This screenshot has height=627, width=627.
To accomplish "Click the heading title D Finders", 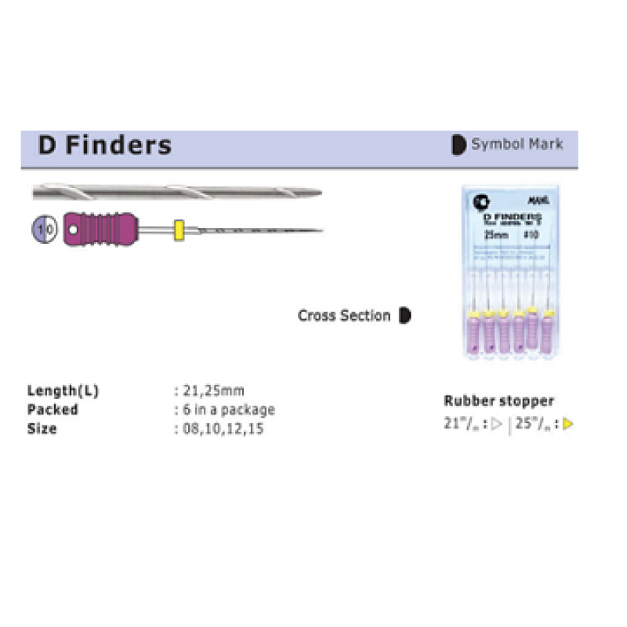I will click(104, 145).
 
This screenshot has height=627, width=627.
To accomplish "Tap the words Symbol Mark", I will click(517, 144).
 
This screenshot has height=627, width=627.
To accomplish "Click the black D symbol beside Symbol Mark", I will click(458, 144).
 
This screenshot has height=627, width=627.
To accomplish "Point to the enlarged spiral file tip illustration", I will click(176, 192).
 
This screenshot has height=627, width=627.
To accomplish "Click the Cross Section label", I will click(344, 316).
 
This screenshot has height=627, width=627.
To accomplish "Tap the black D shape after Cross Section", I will click(404, 316).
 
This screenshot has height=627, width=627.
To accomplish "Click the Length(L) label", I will click(63, 390).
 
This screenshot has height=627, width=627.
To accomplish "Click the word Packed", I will click(53, 409).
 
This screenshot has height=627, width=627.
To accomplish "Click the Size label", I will click(42, 429).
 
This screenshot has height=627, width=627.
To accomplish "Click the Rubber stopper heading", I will click(498, 400).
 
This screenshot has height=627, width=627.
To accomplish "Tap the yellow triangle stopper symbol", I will click(568, 425).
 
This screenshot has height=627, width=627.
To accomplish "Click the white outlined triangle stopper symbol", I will click(497, 425).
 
